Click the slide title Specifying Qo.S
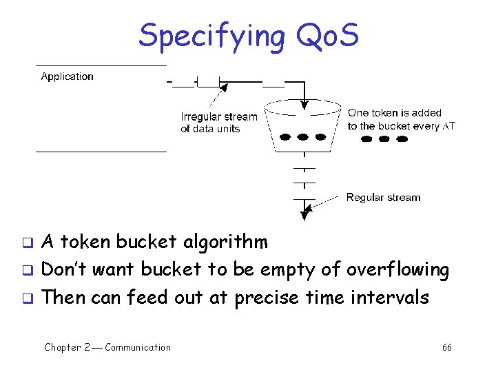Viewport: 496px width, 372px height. click(x=248, y=35)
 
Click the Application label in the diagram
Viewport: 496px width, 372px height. click(x=67, y=76)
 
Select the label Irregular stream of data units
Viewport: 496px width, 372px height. click(x=218, y=123)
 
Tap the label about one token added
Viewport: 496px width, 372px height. click(x=401, y=119)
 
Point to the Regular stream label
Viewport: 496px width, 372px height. click(x=383, y=198)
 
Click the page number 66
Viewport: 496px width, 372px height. click(x=447, y=347)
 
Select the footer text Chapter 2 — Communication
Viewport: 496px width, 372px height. click(x=107, y=347)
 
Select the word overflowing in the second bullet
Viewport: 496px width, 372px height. click(x=397, y=270)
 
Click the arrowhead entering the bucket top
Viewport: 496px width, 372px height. click(x=304, y=104)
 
